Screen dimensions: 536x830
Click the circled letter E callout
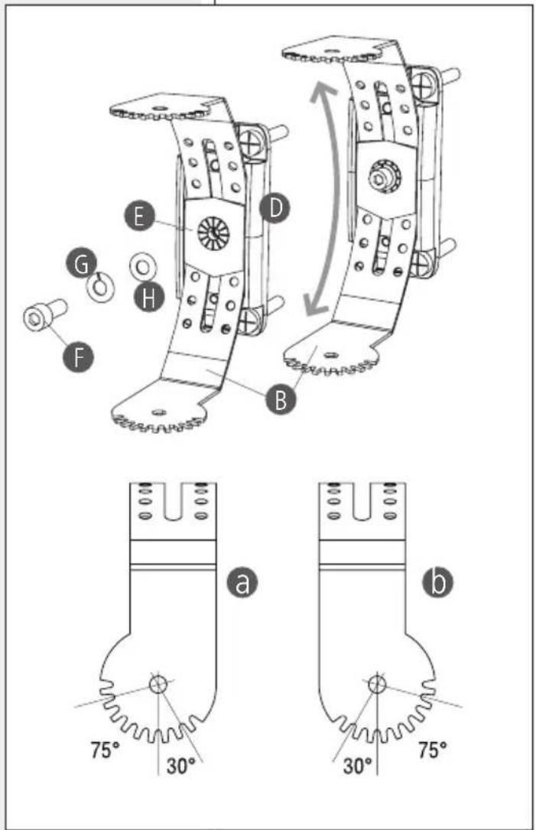tap(139, 216)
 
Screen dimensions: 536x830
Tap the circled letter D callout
tap(274, 208)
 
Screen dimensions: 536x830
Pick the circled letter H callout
tap(149, 298)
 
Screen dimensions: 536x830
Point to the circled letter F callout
tap(78, 356)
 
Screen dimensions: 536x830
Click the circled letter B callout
tap(281, 399)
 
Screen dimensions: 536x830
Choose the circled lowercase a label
tap(242, 582)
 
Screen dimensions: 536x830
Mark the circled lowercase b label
tap(437, 582)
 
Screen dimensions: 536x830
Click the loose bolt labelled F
tap(44, 317)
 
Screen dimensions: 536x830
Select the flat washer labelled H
tap(143, 266)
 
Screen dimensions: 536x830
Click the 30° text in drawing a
tap(180, 766)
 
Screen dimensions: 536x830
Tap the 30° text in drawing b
tap(358, 766)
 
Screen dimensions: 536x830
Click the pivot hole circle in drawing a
tap(158, 685)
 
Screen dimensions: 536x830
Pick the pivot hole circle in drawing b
tap(377, 685)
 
